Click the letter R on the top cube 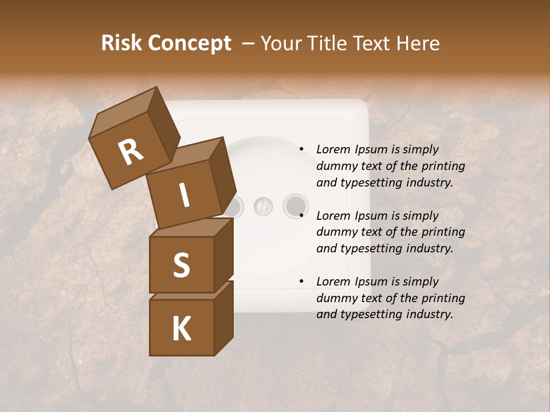(131, 153)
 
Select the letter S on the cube (181, 265)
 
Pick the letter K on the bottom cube (181, 329)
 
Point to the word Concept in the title (190, 44)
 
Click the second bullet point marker (301, 216)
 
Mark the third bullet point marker (301, 282)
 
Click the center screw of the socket (263, 205)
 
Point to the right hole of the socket (295, 205)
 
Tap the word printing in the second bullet (443, 232)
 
